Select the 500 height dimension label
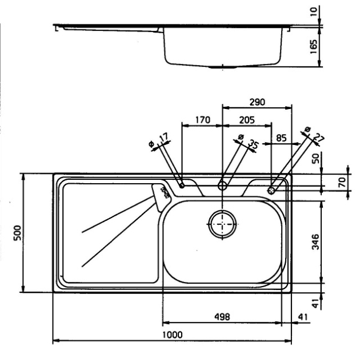17,232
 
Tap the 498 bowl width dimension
222,316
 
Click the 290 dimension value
257,102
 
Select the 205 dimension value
246,120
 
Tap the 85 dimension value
281,138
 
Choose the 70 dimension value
342,183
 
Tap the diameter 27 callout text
314,135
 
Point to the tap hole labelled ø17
181,185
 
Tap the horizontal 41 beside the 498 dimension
303,316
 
